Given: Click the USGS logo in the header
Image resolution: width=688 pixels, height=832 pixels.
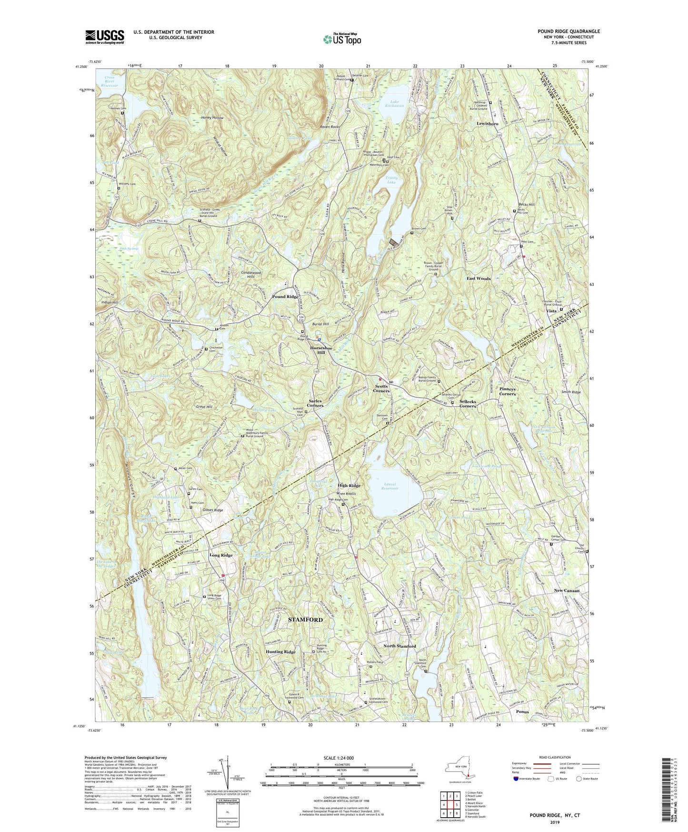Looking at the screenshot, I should point(104,36).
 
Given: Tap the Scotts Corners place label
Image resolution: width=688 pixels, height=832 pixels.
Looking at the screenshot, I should point(381,388).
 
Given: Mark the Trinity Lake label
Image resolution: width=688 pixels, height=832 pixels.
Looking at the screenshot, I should point(391,180).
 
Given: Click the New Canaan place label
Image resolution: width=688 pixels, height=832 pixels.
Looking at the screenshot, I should point(566,590).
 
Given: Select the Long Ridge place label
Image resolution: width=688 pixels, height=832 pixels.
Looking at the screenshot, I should point(221,555).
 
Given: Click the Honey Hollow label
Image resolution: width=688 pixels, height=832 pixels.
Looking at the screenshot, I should point(211,118).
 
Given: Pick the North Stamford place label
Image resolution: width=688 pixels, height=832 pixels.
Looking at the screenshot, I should point(399,646).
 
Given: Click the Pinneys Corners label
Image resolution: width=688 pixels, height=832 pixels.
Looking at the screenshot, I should point(507,392).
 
